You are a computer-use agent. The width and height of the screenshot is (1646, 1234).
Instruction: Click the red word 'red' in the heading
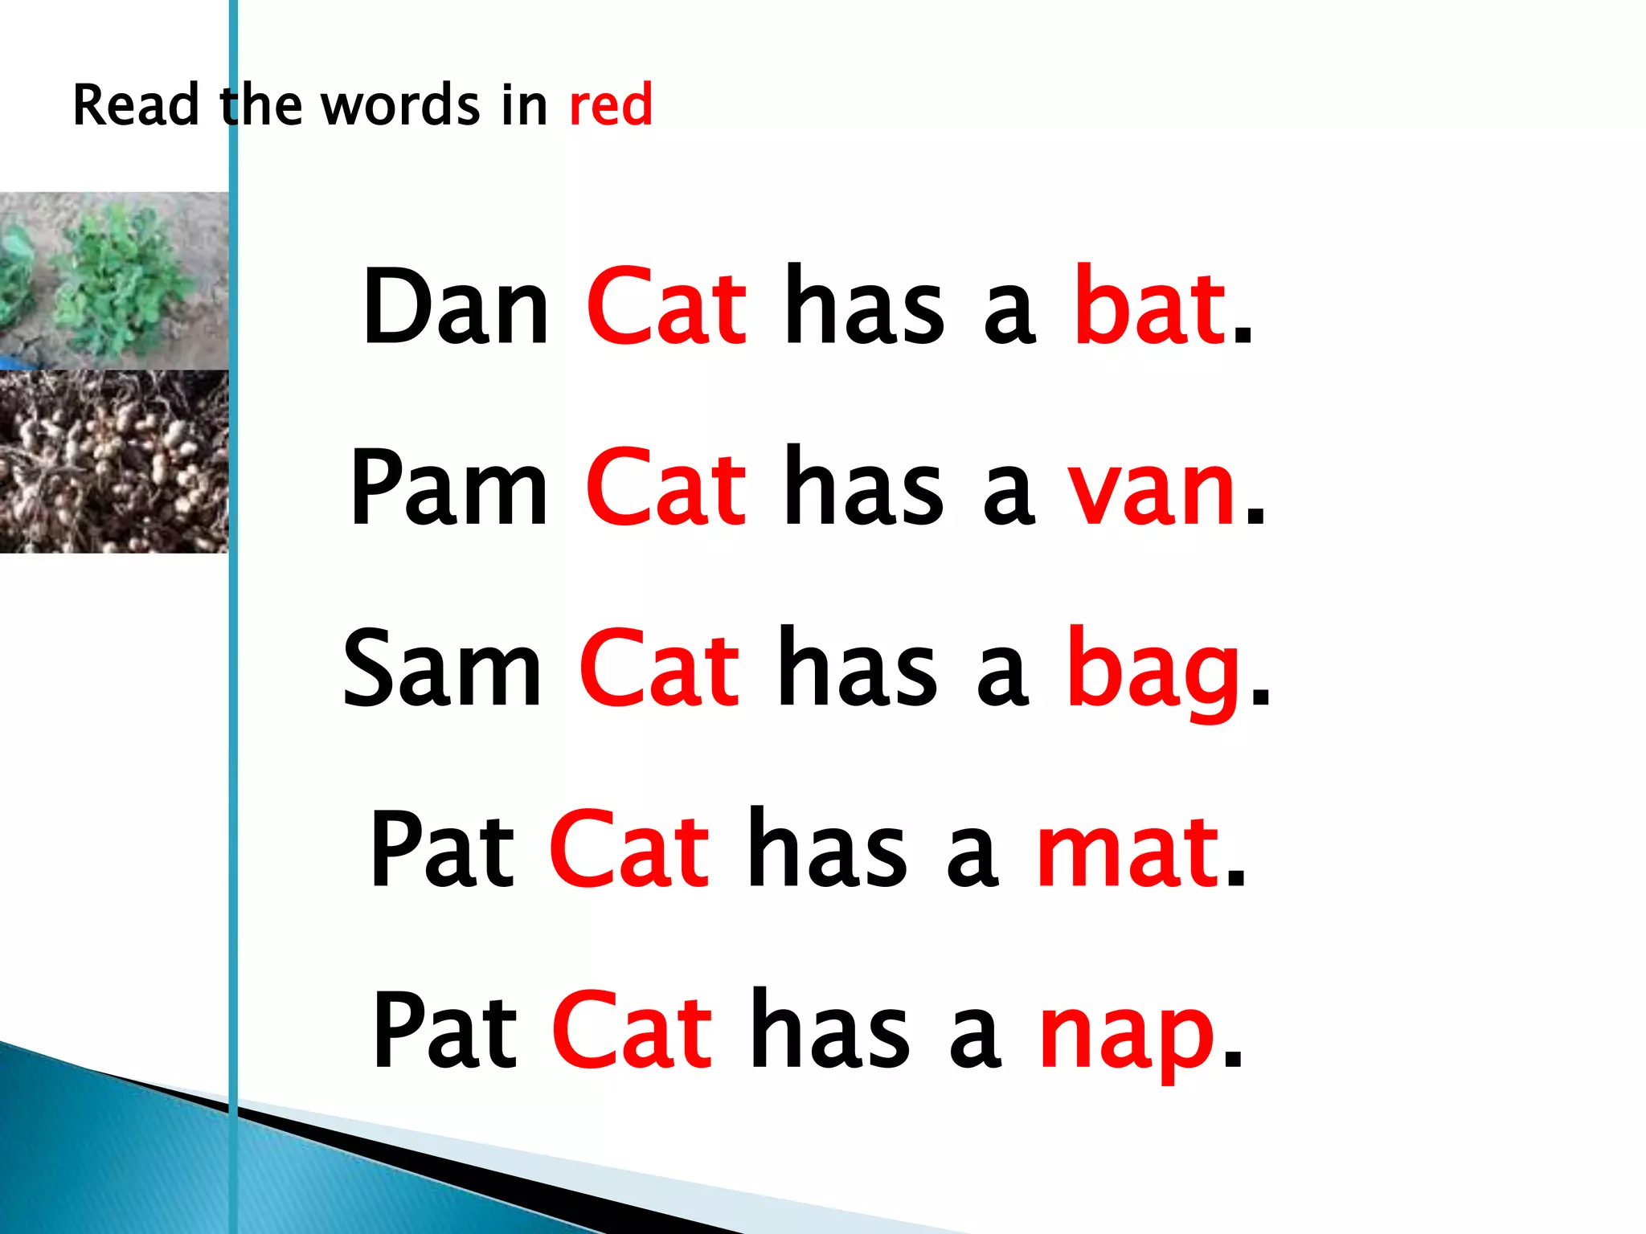[611, 106]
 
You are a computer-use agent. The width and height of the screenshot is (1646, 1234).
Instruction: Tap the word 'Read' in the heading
[136, 106]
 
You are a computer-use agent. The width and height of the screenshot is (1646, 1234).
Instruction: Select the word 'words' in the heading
[401, 106]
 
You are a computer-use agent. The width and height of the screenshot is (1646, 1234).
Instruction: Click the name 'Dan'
[456, 307]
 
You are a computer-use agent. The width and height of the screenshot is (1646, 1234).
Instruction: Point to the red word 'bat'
[1149, 307]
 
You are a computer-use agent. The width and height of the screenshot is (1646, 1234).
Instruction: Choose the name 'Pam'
[449, 488]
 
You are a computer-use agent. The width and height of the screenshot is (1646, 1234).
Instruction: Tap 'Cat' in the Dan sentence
[667, 307]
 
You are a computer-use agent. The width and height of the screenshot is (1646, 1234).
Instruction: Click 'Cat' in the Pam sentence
[666, 488]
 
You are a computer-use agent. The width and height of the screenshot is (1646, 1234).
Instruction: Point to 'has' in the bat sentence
[865, 307]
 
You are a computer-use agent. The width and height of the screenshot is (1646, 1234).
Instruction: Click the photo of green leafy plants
[113, 280]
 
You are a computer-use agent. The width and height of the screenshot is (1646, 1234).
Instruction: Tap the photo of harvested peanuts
[113, 461]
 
